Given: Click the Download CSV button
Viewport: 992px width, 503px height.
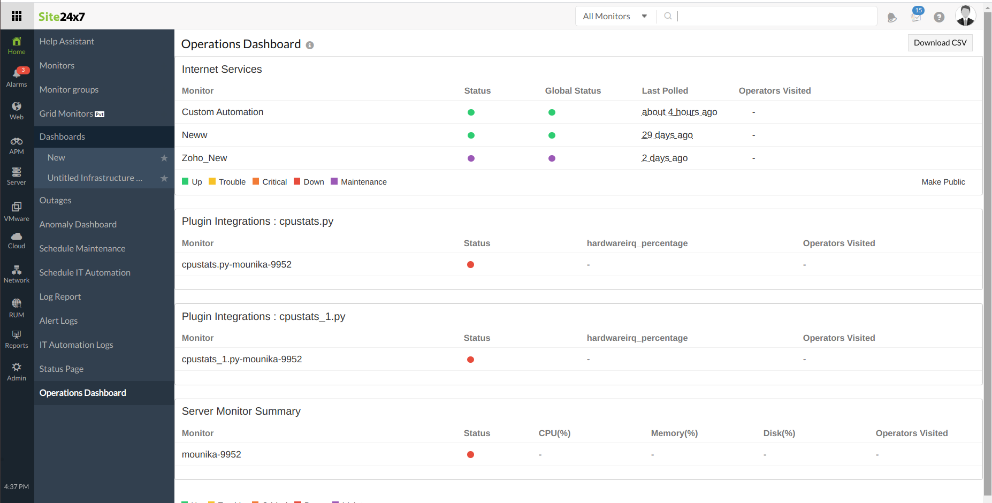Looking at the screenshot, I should pyautogui.click(x=940, y=43).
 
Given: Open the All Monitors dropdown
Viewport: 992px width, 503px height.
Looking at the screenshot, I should pyautogui.click(x=615, y=17).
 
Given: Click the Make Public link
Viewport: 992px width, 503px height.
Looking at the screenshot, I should pyautogui.click(x=943, y=182).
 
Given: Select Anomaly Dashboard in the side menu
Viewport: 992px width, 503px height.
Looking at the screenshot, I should pyautogui.click(x=78, y=224).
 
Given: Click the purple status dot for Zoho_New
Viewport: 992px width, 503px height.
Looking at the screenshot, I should pyautogui.click(x=471, y=158).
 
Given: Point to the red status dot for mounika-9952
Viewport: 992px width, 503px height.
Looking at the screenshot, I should pyautogui.click(x=470, y=455).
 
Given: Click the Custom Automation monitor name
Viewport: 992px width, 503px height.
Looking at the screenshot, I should pyautogui.click(x=222, y=112).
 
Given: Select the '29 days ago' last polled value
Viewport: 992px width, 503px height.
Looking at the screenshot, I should pyautogui.click(x=667, y=135).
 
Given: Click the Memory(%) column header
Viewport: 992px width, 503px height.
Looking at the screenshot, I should pyautogui.click(x=674, y=433).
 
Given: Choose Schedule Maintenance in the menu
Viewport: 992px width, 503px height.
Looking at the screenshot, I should pyautogui.click(x=82, y=248).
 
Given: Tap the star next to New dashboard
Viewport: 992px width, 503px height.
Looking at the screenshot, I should pyautogui.click(x=164, y=158).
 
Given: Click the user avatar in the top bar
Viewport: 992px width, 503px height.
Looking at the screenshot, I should pyautogui.click(x=965, y=16).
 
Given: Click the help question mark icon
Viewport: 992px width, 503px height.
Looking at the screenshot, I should pyautogui.click(x=938, y=17).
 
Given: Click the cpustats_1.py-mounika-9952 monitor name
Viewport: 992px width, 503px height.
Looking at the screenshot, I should pyautogui.click(x=241, y=359).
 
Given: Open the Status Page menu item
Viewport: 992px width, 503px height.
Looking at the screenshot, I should pyautogui.click(x=61, y=369).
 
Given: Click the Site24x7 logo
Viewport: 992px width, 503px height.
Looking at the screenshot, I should pyautogui.click(x=62, y=17).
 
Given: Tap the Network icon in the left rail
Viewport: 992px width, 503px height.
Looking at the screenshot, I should pyautogui.click(x=17, y=273).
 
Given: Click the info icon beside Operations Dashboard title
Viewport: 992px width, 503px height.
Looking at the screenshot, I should pyautogui.click(x=310, y=45).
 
